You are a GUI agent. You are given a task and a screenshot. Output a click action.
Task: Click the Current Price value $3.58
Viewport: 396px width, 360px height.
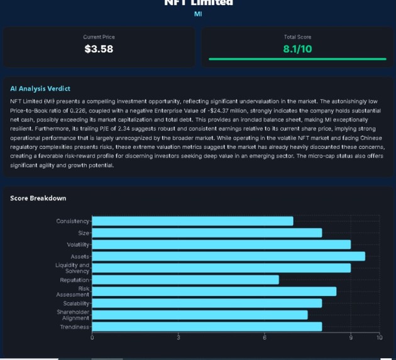click(99, 48)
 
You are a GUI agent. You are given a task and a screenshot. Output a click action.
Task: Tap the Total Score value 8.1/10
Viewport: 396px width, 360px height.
click(297, 48)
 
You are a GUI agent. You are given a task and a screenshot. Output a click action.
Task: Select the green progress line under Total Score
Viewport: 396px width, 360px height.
click(297, 58)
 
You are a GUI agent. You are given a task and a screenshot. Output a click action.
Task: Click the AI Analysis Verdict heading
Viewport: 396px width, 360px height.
click(40, 89)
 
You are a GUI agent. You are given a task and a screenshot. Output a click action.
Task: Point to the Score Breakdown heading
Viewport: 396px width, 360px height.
click(38, 199)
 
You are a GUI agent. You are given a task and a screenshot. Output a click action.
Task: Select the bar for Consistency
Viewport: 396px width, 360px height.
click(193, 221)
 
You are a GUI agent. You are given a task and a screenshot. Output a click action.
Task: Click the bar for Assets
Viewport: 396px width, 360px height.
click(229, 256)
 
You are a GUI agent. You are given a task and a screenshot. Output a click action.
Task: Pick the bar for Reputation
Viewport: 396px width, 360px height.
click(185, 280)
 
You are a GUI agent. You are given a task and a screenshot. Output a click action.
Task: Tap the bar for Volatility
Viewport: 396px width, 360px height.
click(221, 244)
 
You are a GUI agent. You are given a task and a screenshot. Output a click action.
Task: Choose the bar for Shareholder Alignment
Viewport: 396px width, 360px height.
click(200, 315)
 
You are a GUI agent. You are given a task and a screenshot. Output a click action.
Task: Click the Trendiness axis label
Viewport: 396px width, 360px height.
click(75, 327)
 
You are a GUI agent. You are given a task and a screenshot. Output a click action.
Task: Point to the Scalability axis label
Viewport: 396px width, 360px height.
click(76, 303)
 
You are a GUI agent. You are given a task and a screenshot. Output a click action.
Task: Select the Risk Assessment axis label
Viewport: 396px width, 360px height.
click(74, 292)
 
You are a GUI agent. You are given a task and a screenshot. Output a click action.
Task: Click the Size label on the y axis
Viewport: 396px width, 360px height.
click(84, 233)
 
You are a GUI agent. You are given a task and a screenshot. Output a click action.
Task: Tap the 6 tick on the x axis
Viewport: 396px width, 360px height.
click(265, 338)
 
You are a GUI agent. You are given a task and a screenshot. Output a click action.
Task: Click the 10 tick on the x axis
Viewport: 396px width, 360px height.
click(379, 338)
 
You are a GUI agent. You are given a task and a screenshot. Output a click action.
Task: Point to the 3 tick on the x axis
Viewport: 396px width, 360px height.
click(179, 338)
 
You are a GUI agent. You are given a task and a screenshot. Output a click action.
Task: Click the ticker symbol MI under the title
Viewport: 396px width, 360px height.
click(198, 13)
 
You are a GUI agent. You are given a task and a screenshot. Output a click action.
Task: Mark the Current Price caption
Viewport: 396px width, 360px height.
click(99, 37)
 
